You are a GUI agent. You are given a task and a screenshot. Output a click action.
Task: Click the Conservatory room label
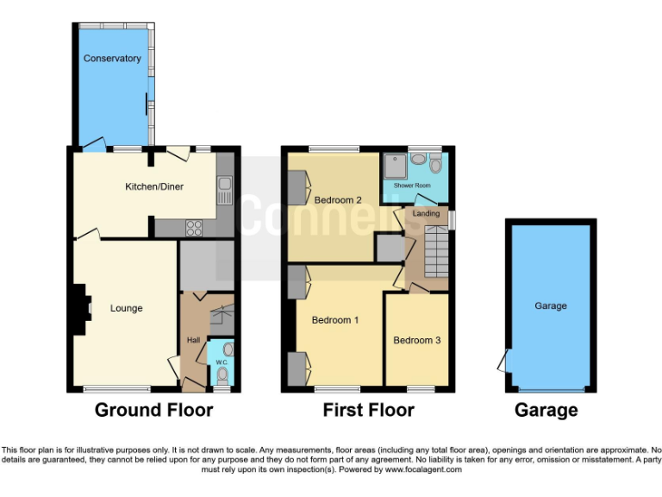(x=111, y=59)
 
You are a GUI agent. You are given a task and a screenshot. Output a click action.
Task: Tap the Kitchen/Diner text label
(x=154, y=186)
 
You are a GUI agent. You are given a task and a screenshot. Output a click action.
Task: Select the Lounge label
(x=126, y=308)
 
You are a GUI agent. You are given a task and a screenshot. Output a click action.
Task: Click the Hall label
(x=194, y=340)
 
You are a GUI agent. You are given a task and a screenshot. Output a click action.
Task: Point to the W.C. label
(x=221, y=362)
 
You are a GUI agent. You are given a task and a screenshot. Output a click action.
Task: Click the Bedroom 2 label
(x=337, y=200)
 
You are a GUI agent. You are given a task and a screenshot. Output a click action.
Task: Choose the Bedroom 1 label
(x=334, y=320)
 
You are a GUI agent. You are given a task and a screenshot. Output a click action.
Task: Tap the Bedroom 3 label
(x=416, y=340)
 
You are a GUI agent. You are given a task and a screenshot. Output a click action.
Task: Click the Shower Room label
(x=412, y=186)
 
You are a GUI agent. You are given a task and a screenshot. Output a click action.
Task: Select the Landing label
(x=426, y=213)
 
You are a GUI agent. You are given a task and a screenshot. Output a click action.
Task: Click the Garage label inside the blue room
(x=551, y=306)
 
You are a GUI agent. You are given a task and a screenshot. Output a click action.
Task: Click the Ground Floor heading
(x=153, y=411)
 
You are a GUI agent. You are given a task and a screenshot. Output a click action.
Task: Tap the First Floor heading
(x=368, y=411)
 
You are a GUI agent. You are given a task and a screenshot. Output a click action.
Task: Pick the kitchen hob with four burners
(x=194, y=229)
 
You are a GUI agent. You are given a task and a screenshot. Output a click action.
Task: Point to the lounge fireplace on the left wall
(x=82, y=310)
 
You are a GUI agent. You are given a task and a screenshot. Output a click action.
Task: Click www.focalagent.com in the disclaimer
(x=423, y=470)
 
